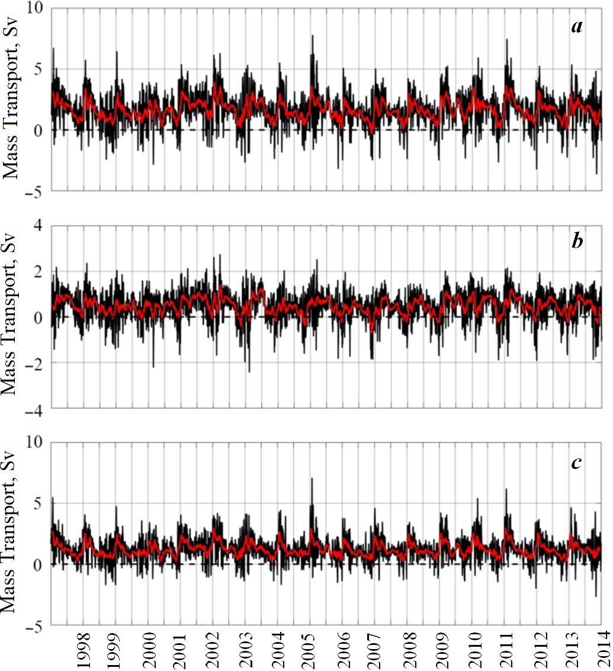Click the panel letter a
tap(575, 26)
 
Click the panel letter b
tap(575, 244)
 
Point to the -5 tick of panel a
tap(36, 191)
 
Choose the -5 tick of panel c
tap(36, 626)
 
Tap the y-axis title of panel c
tap(13, 535)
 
